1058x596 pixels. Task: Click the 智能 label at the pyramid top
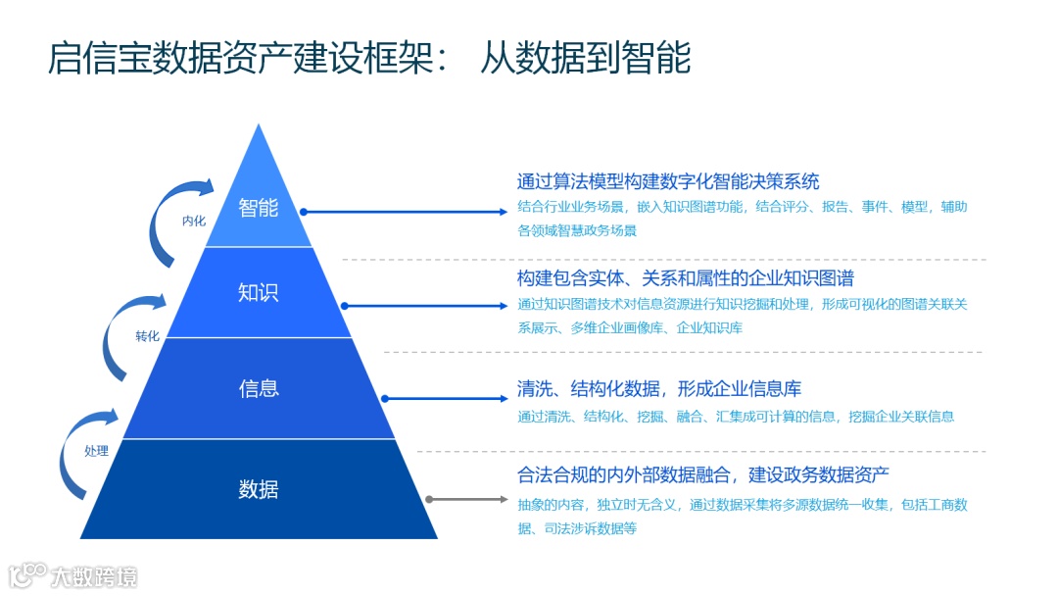pyautogui.click(x=259, y=208)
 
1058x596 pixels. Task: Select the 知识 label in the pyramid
pyautogui.click(x=259, y=292)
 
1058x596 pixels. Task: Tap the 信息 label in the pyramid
pyautogui.click(x=259, y=388)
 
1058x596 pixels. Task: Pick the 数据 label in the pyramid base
pyautogui.click(x=259, y=489)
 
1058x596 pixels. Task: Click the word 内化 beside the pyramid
pyautogui.click(x=194, y=221)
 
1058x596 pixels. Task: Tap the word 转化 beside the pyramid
pyautogui.click(x=147, y=336)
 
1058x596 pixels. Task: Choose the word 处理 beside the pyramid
pyautogui.click(x=96, y=452)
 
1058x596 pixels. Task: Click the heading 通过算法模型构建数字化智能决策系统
pyautogui.click(x=668, y=181)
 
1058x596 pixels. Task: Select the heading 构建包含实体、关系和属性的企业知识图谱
pyautogui.click(x=686, y=278)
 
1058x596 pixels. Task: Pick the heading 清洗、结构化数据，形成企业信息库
pyautogui.click(x=659, y=389)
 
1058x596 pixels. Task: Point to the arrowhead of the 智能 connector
pyautogui.click(x=505, y=211)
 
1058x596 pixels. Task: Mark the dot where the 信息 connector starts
pyautogui.click(x=385, y=399)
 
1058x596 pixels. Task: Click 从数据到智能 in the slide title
pyautogui.click(x=585, y=60)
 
